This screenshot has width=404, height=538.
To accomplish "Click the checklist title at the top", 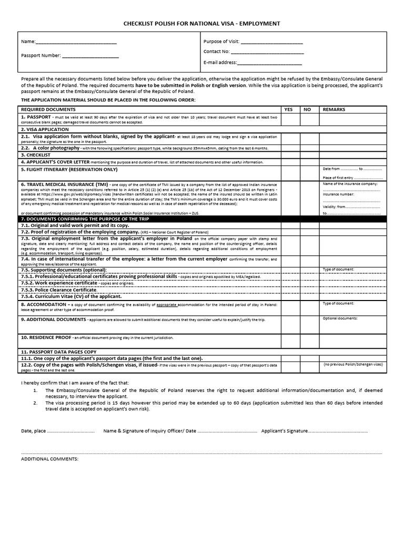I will click(x=202, y=24).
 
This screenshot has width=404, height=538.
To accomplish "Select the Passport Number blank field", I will click(x=90, y=55).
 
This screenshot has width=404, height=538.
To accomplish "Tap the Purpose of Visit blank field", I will click(x=271, y=42).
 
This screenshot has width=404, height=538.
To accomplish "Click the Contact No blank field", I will click(x=267, y=52).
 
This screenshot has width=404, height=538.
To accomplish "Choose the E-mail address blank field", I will click(x=271, y=63).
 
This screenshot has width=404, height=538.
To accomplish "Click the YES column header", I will click(x=288, y=109).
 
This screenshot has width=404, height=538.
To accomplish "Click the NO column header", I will click(x=307, y=109).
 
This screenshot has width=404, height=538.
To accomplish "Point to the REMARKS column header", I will click(x=334, y=109).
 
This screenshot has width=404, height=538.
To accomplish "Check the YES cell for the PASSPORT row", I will click(x=289, y=119).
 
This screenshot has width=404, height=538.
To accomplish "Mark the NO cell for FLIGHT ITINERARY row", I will click(x=308, y=173).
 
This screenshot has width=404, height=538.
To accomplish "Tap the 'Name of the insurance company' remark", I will click(x=350, y=184).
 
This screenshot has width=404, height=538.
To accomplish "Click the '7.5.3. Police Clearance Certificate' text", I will click(x=59, y=289).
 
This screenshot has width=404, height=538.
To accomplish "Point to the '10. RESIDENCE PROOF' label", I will click(x=46, y=337).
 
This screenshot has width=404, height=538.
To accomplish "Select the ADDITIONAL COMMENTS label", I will click(x=49, y=459).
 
